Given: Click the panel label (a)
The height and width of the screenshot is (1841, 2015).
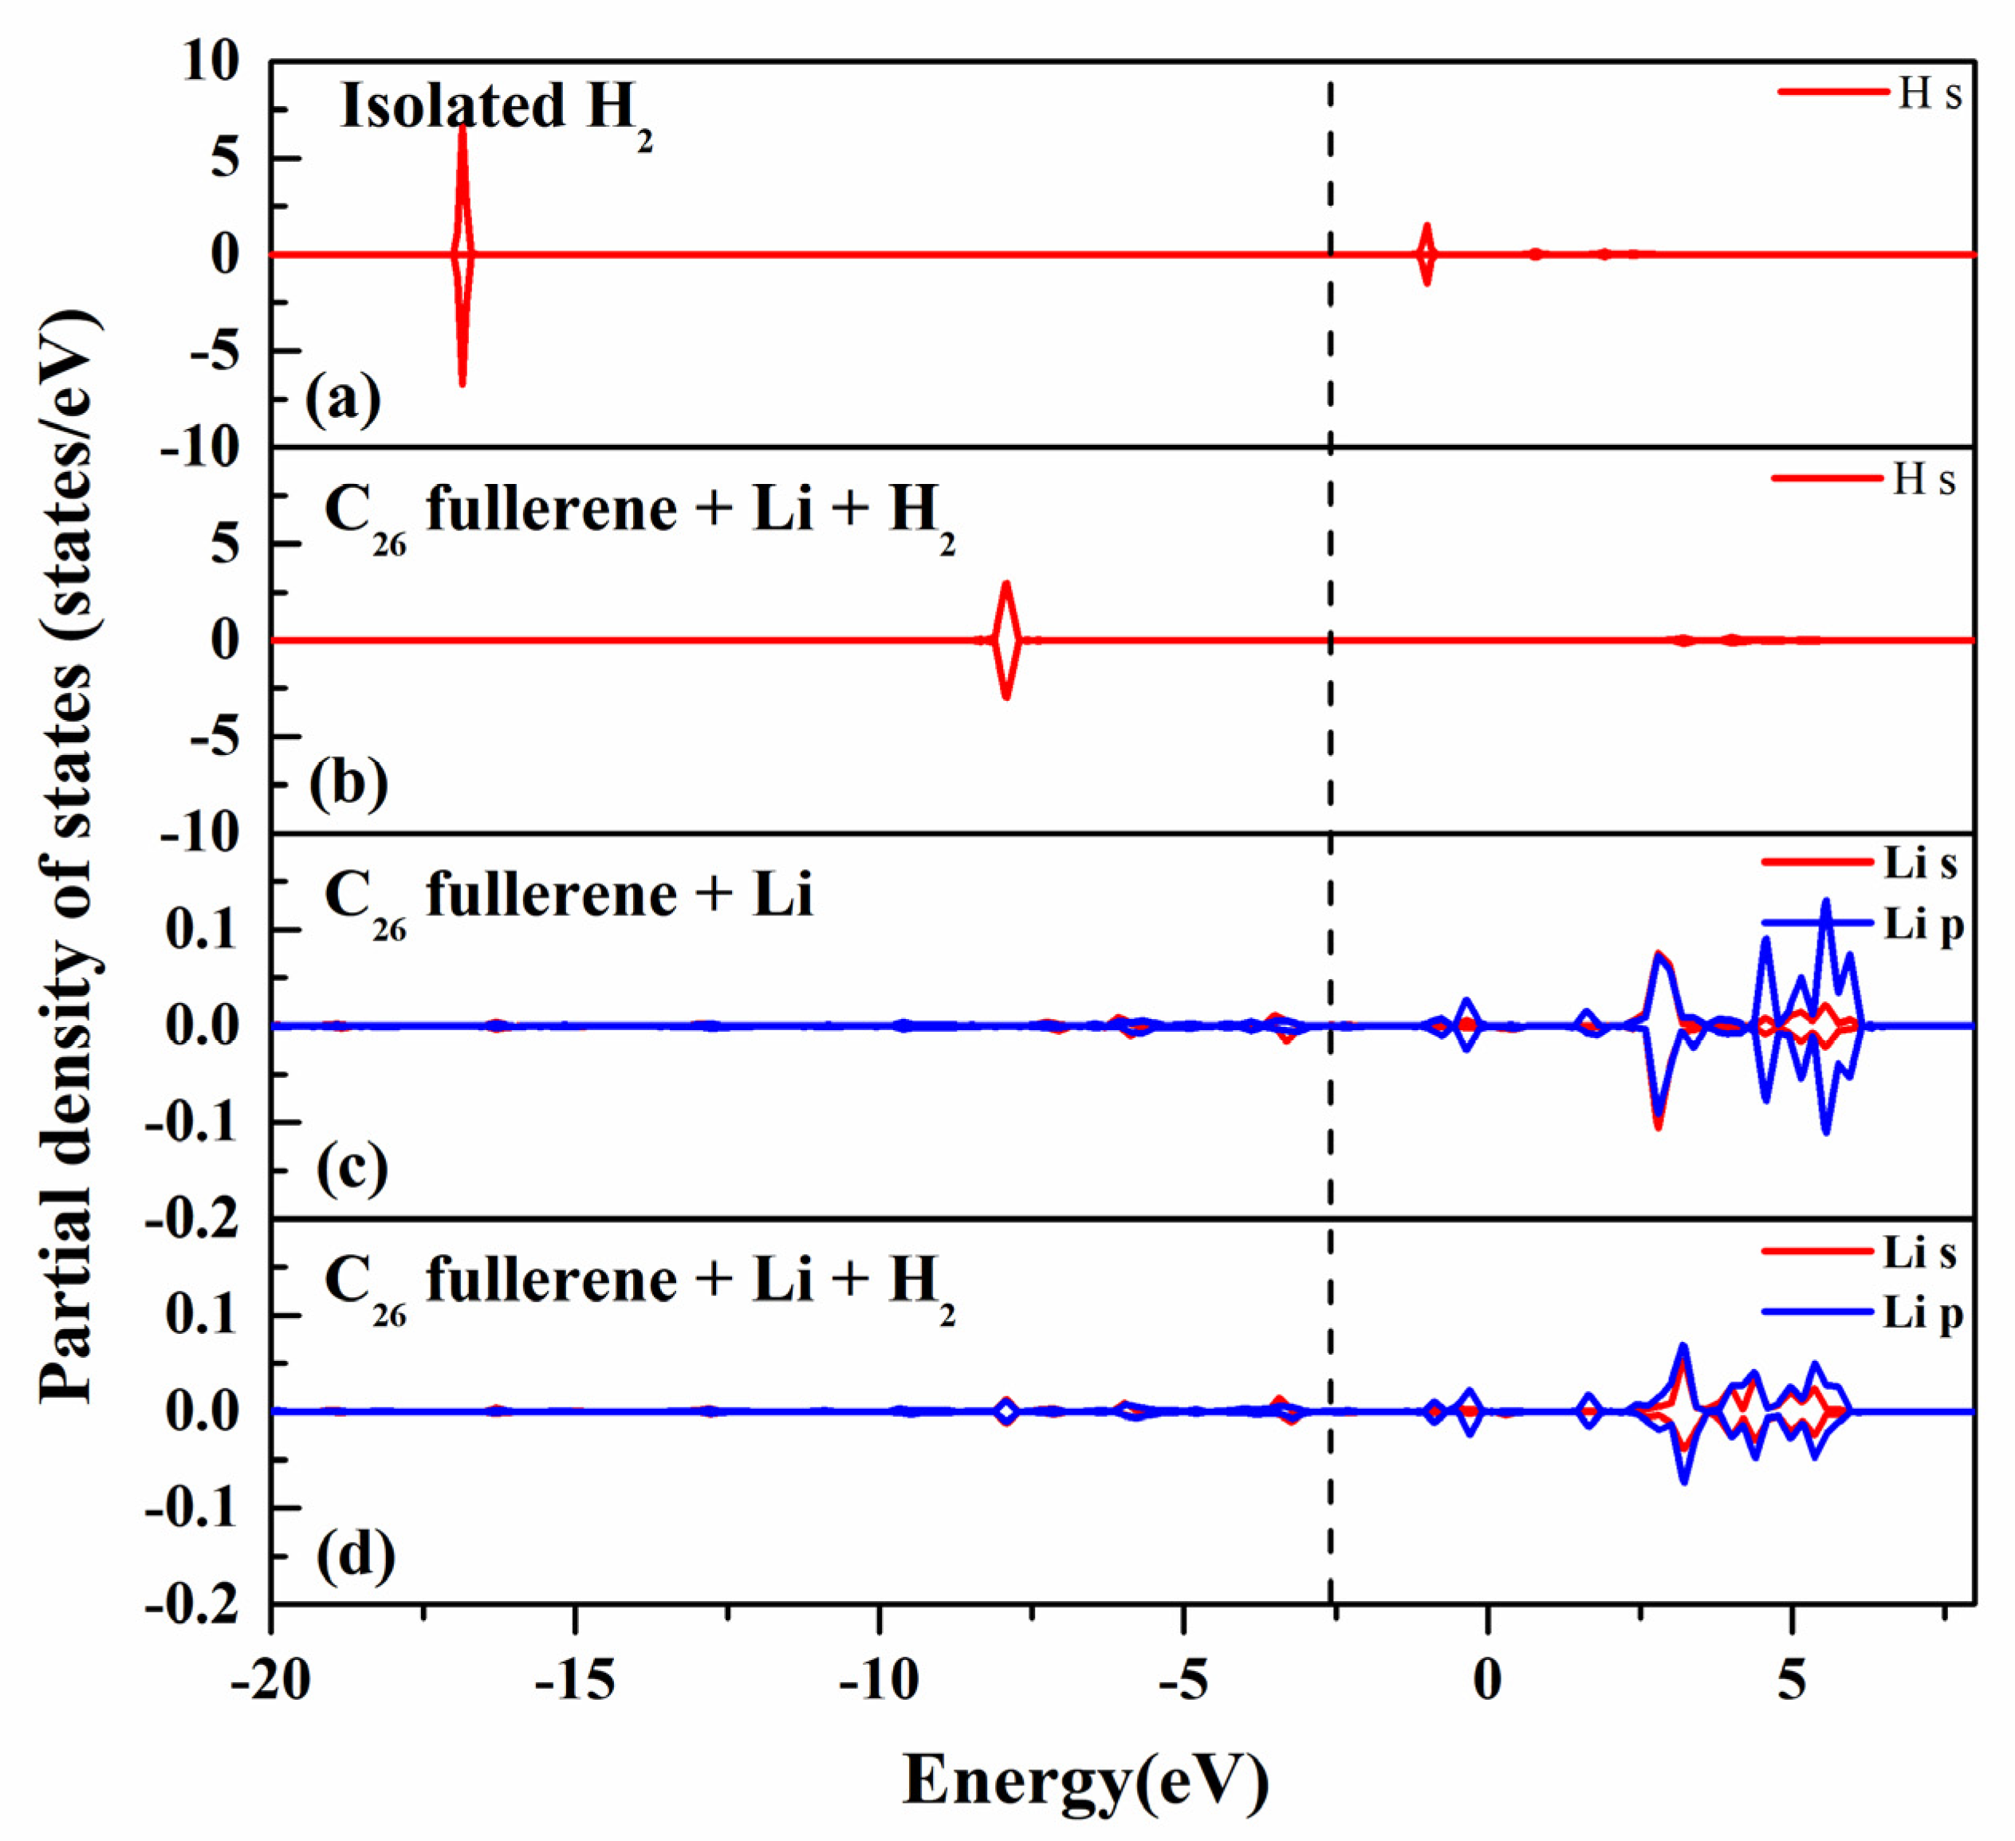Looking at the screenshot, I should click(343, 399).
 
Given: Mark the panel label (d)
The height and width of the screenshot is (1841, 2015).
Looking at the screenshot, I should click(356, 1554).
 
